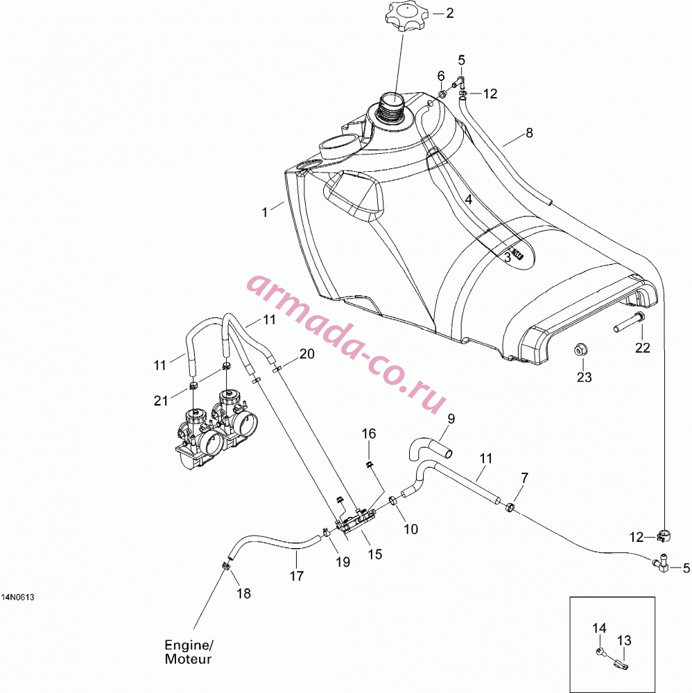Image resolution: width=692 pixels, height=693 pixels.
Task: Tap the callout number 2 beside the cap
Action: pos(450,13)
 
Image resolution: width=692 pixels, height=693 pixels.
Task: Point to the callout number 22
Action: pos(643,348)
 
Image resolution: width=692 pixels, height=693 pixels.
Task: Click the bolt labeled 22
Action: pos(629,322)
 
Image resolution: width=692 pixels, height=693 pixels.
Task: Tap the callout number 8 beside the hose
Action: pos(529,132)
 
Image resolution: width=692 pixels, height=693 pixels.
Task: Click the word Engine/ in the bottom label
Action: pos(189,646)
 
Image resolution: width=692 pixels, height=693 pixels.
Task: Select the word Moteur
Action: pos(188,659)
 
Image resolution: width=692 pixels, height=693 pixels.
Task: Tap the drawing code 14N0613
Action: pos(18,597)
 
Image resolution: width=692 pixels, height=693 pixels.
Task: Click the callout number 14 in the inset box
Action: pos(599,628)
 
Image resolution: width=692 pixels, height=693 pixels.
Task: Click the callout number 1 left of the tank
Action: pos(265,213)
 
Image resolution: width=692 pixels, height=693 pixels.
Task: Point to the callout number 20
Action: pos(307,353)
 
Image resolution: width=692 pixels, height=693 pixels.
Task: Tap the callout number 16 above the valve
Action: pos(369,434)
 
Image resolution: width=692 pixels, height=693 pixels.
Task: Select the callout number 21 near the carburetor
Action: pos(160,401)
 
